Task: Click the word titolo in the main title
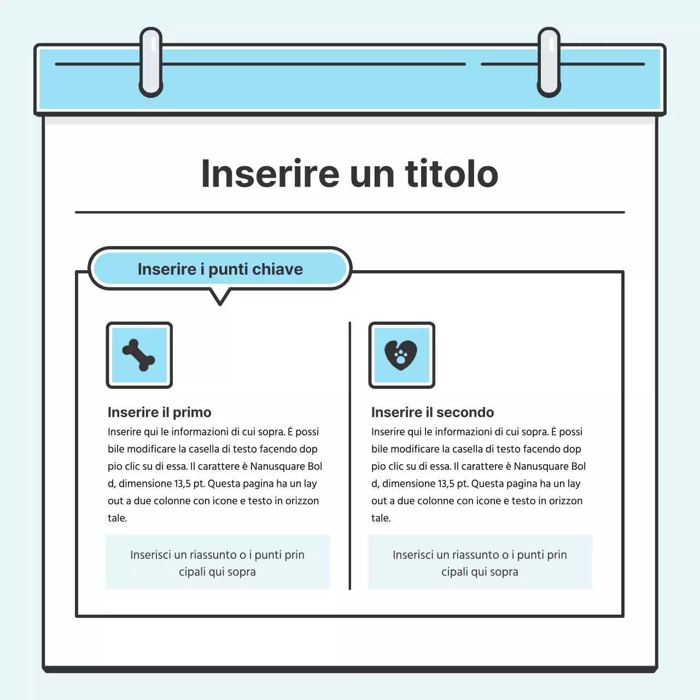[452, 174]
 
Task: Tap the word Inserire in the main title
[271, 174]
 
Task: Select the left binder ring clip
[151, 62]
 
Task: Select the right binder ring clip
[549, 62]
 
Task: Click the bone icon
[139, 355]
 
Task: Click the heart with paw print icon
[401, 355]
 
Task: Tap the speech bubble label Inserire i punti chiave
[220, 269]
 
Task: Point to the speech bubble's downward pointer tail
[220, 297]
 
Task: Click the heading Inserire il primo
[159, 412]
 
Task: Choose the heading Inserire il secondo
[432, 412]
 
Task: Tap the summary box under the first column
[218, 563]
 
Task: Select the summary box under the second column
[480, 563]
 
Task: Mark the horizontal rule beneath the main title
[350, 212]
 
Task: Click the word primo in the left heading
[192, 412]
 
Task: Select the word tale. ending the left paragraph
[117, 518]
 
